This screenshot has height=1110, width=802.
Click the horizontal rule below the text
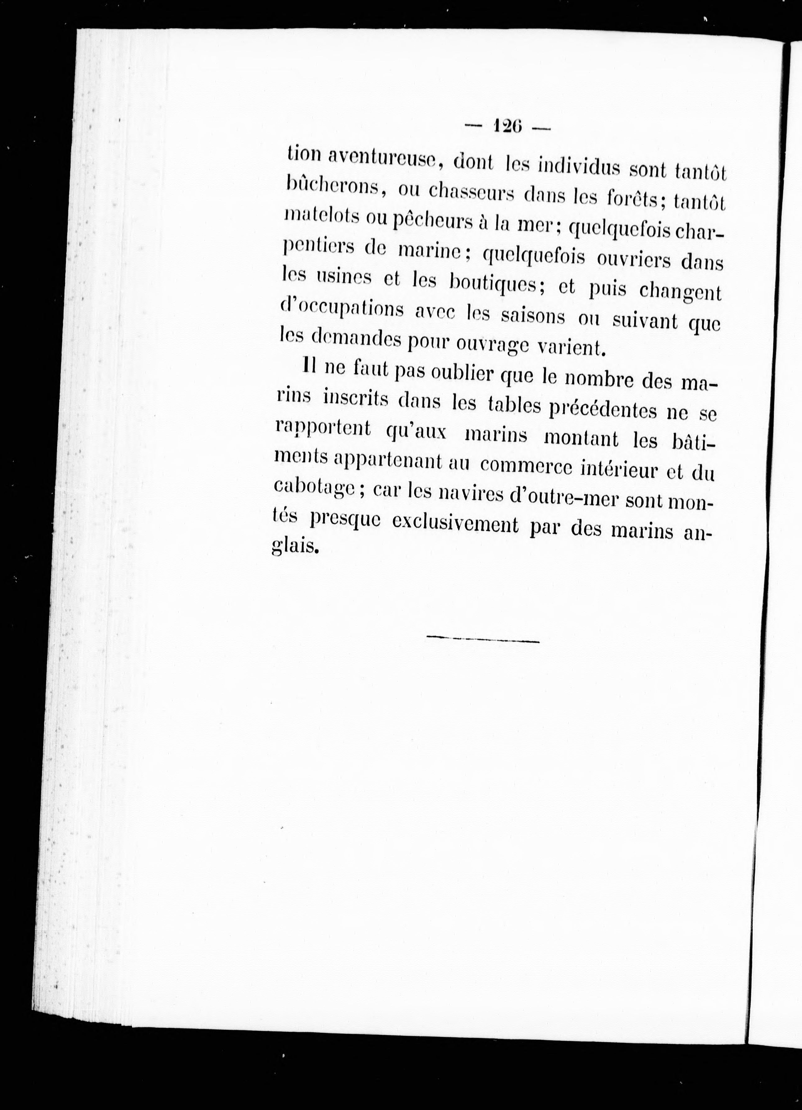pos(483,639)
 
